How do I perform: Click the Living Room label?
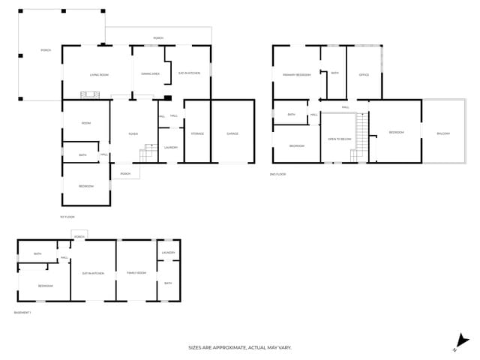pos(99,74)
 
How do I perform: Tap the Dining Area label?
pos(151,73)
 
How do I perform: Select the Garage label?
pos(232,133)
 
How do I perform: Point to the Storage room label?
pos(197,133)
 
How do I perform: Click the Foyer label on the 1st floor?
pos(133,133)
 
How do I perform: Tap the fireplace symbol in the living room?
pos(89,94)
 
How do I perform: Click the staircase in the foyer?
pos(147,155)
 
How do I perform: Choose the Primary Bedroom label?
pos(296,75)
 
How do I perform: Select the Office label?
pos(364,75)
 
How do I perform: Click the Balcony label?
pos(443,133)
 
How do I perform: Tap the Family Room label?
pos(136,273)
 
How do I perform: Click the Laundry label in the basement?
pos(168,253)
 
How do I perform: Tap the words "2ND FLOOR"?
pos(278,174)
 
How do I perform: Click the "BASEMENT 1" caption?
pos(22,312)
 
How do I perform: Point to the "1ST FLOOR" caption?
pos(67,217)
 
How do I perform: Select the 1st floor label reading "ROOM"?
pos(86,123)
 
